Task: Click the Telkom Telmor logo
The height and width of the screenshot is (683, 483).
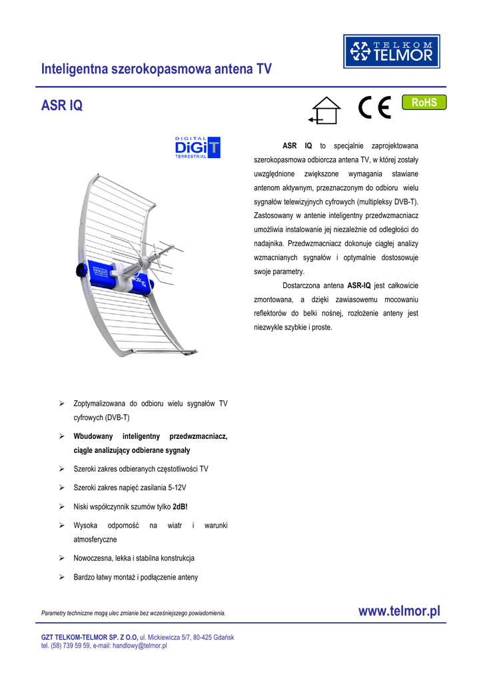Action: click(392, 51)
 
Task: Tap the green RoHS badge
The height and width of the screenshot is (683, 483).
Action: click(424, 102)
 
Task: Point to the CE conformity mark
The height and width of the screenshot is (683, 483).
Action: click(374, 108)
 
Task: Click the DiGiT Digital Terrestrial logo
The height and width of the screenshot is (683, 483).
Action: click(197, 147)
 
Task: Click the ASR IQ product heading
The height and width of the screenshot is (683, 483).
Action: click(62, 106)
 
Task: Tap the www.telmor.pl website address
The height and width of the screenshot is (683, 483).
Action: click(399, 611)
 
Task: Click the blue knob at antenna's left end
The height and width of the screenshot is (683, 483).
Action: click(79, 270)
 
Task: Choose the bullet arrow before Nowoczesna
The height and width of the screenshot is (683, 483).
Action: click(61, 558)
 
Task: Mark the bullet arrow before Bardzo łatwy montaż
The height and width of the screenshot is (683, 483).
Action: click(61, 577)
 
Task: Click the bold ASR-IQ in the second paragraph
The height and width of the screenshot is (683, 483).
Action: click(359, 285)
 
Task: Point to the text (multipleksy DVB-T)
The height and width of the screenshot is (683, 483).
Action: click(387, 201)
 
